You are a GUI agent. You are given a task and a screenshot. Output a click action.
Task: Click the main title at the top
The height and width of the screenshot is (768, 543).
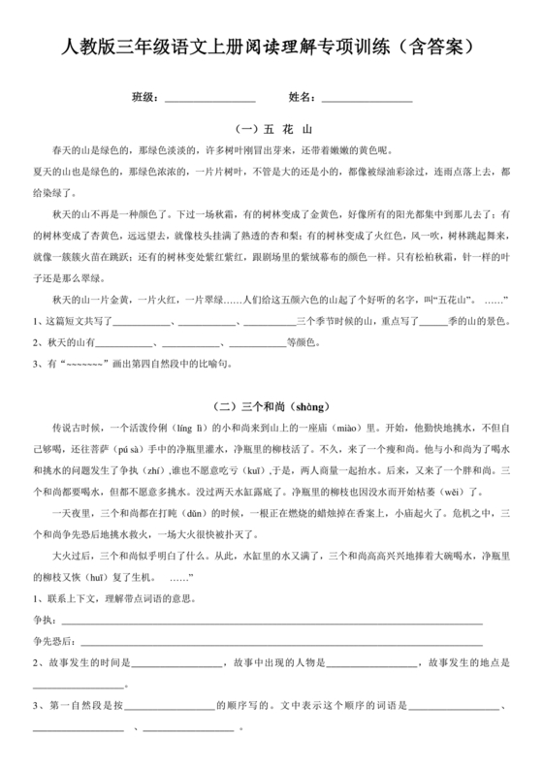271,47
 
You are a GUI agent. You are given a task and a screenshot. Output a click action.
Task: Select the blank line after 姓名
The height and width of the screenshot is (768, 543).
367,100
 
